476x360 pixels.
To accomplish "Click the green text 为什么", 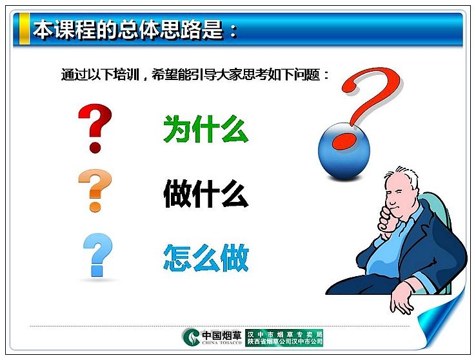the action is click(x=206, y=128).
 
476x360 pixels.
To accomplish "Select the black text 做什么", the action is click(x=206, y=194).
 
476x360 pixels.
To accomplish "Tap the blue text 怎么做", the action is click(x=206, y=257).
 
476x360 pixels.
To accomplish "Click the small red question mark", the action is click(x=95, y=128).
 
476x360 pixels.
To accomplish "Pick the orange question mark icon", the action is click(x=95, y=190).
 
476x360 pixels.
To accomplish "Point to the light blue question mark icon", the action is click(x=98, y=255).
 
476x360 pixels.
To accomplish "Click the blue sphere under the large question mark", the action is click(x=344, y=152).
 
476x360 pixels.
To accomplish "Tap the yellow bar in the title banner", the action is click(x=25, y=28).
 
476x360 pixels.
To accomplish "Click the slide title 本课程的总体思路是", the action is click(x=128, y=30).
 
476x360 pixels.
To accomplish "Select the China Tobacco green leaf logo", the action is click(x=192, y=337).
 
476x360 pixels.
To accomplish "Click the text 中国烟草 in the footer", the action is click(x=222, y=335).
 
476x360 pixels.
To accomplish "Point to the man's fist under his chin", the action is click(x=388, y=219).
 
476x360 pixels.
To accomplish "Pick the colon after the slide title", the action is click(x=233, y=31).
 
